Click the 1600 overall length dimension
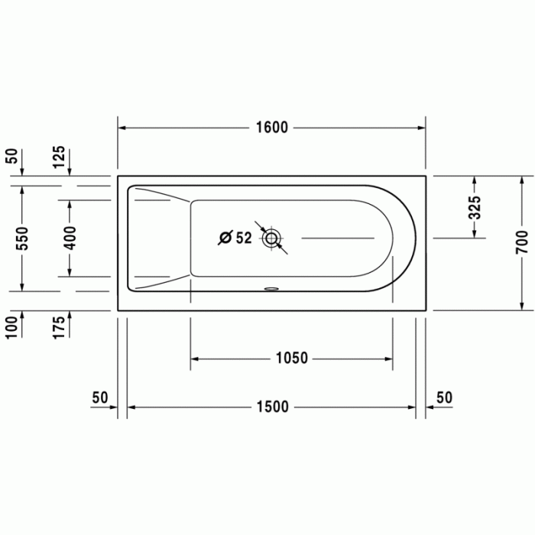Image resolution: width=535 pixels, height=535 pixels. (x=271, y=128)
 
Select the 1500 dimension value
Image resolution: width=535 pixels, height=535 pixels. (x=271, y=407)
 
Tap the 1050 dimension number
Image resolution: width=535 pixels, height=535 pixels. (x=292, y=358)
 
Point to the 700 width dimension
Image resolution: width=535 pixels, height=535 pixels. (x=521, y=241)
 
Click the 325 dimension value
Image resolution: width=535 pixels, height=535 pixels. (x=475, y=208)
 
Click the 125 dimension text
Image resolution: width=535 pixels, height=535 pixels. (x=60, y=158)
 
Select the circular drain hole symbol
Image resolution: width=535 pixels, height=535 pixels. (x=271, y=238)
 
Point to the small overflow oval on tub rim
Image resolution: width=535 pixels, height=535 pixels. (x=272, y=290)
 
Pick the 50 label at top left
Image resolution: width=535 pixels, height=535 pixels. (x=11, y=157)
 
